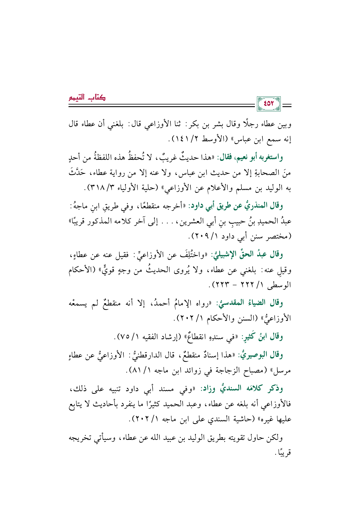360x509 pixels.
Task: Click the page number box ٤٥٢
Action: [269, 103]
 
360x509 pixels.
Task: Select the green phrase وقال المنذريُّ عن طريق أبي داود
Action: [236, 206]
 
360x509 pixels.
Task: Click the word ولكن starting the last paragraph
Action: [274, 437]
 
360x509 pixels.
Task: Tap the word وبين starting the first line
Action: [284, 124]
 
